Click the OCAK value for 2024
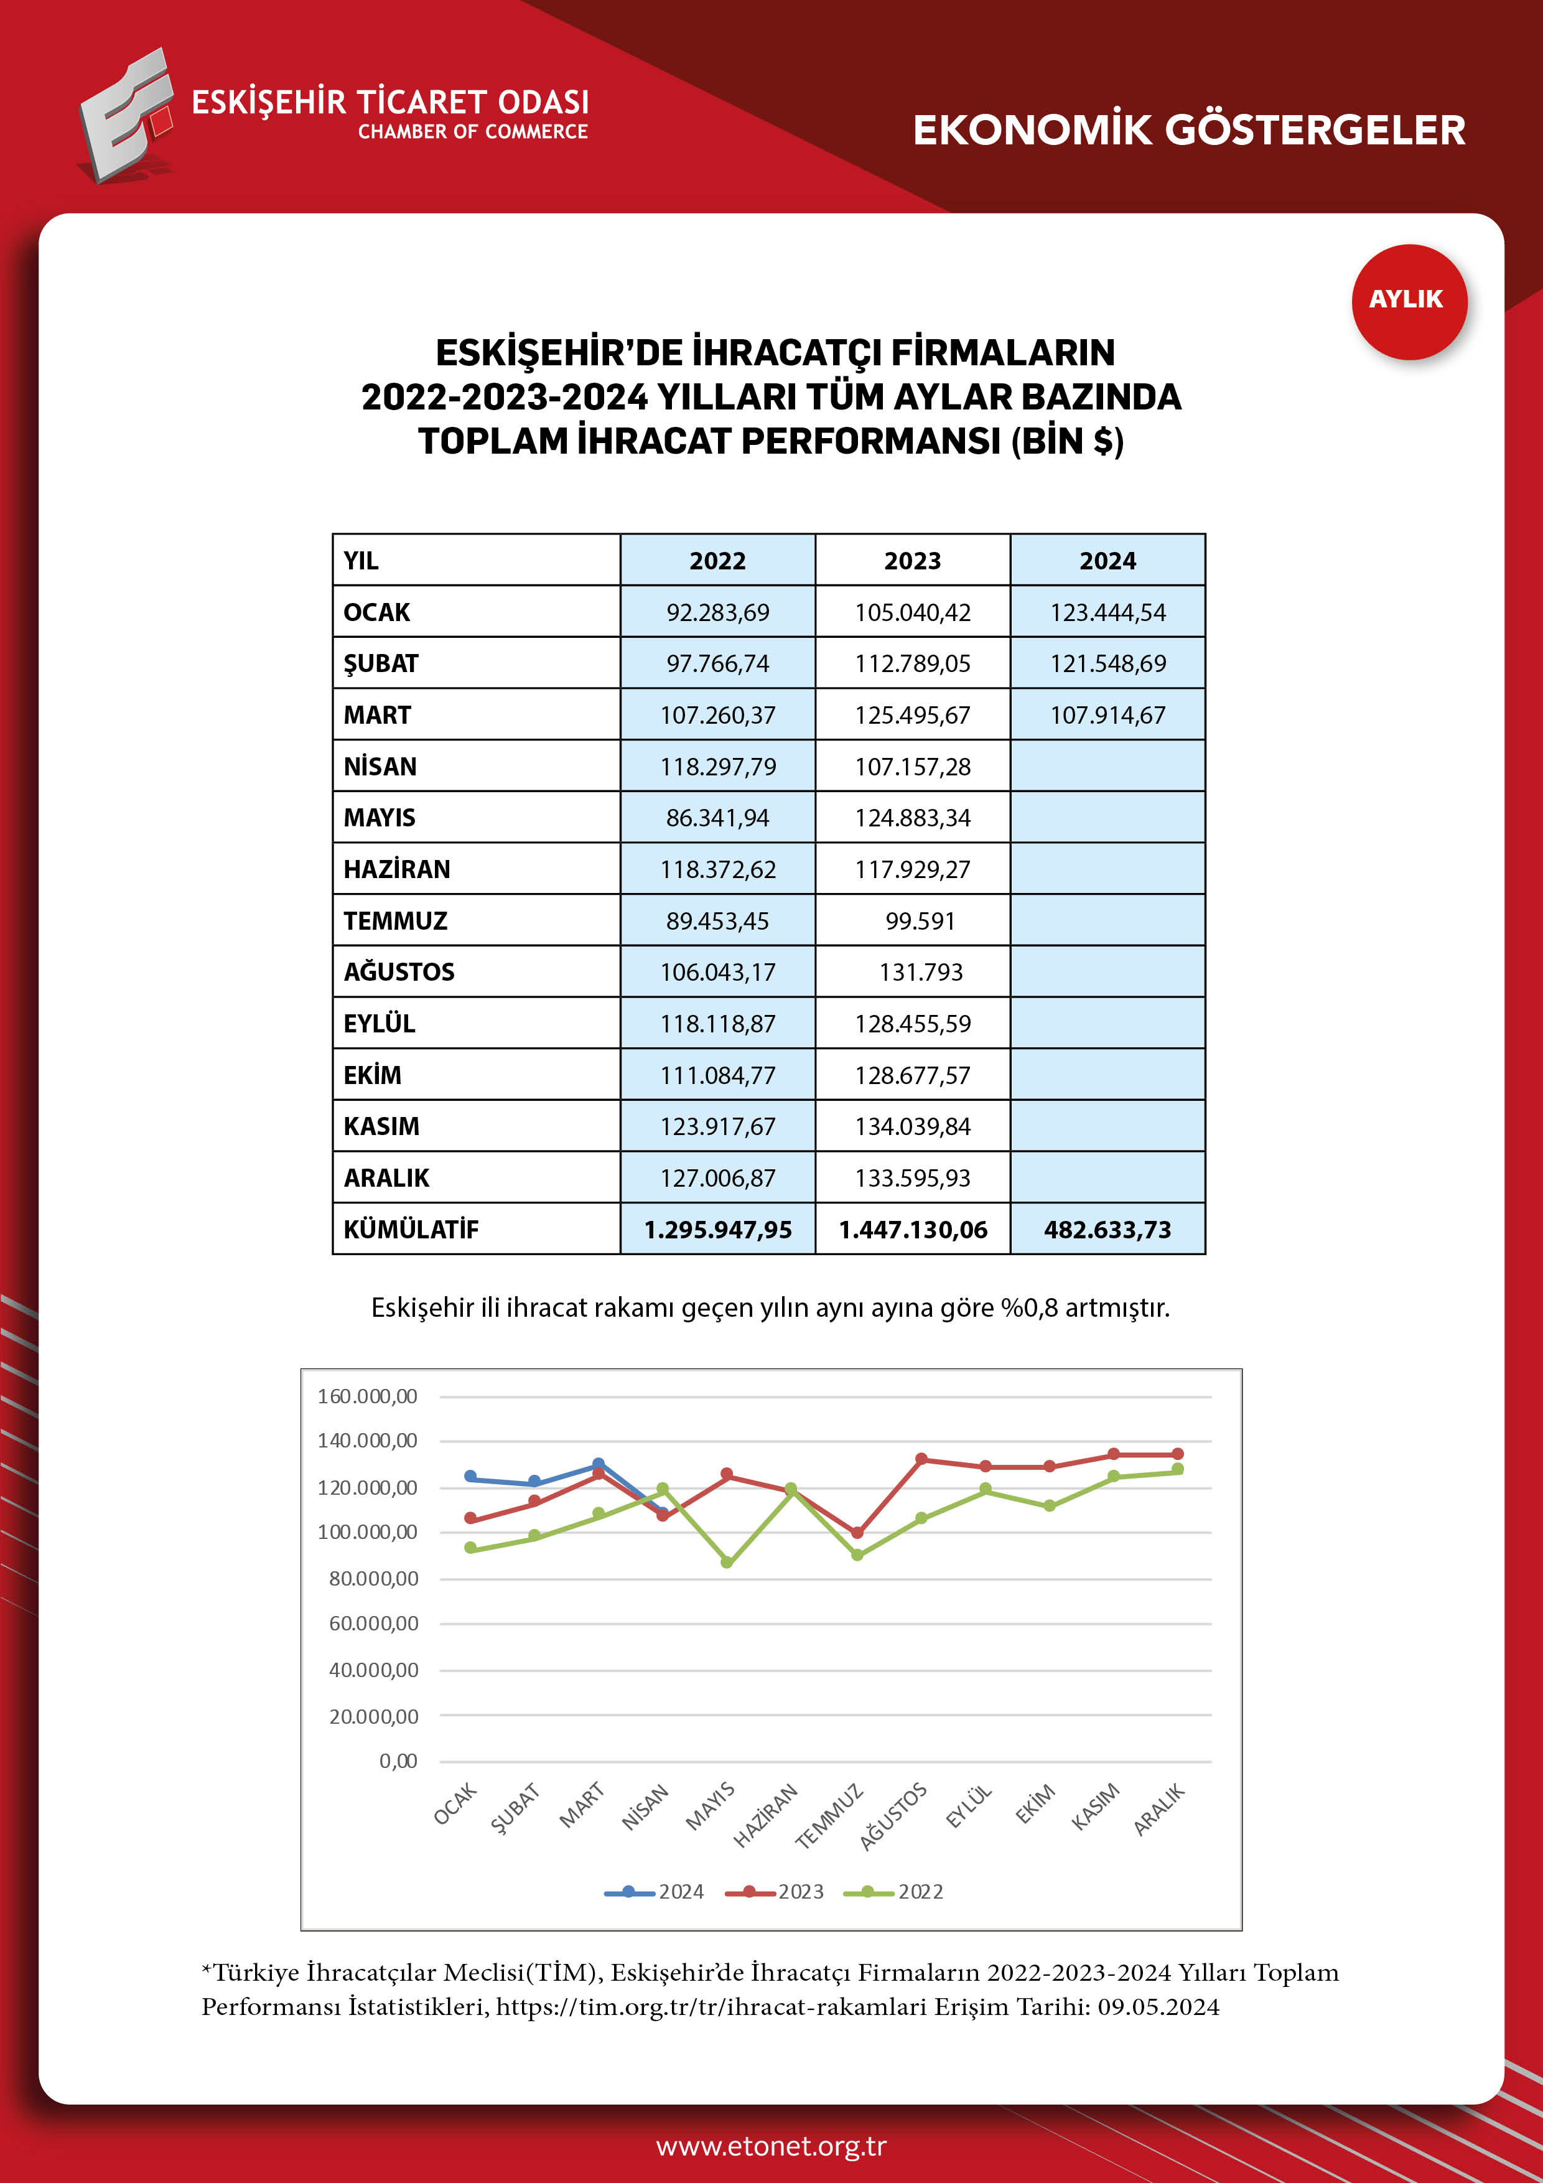tap(1107, 612)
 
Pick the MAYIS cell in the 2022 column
tap(718, 818)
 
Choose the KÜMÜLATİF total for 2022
tap(718, 1230)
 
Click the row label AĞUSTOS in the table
tap(399, 971)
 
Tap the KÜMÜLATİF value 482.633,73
tap(1107, 1230)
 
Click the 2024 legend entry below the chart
tap(655, 1891)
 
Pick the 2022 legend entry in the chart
tap(895, 1891)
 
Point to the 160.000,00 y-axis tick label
tap(368, 1396)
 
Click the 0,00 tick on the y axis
tap(398, 1761)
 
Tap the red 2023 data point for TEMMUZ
tap(857, 1533)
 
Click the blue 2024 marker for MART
tap(598, 1464)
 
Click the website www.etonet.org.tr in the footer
tap(771, 2146)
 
